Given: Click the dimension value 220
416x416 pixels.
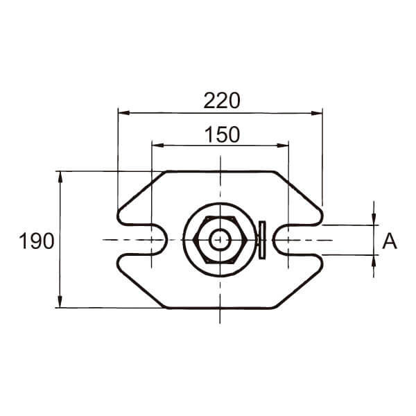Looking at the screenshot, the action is [x=222, y=101].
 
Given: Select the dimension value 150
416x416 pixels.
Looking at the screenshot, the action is [x=223, y=135].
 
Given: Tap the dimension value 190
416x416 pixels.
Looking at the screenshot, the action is [x=37, y=241].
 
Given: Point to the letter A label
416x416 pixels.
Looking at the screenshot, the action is [x=390, y=241].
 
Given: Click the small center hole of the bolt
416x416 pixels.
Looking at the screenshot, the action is [x=220, y=240].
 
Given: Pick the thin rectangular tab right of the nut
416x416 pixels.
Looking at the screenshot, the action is [x=262, y=240].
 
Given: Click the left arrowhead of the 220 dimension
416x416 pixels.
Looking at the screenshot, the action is [x=124, y=113].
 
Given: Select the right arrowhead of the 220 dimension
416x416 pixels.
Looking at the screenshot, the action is [x=317, y=113].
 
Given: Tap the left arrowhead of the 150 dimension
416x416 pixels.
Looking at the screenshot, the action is [x=157, y=146].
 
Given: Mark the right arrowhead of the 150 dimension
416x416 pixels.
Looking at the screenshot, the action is [x=283, y=146].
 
